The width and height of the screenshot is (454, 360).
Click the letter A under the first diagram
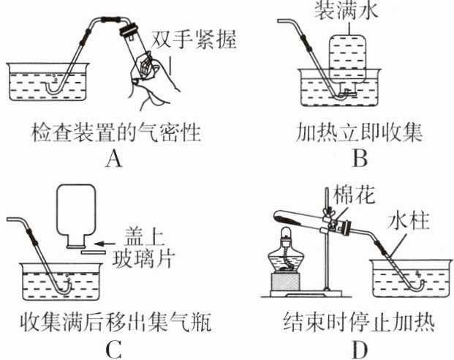(x=112, y=157)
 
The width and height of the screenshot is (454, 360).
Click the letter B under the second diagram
(x=359, y=157)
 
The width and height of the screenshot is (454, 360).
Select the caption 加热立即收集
(x=360, y=134)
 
